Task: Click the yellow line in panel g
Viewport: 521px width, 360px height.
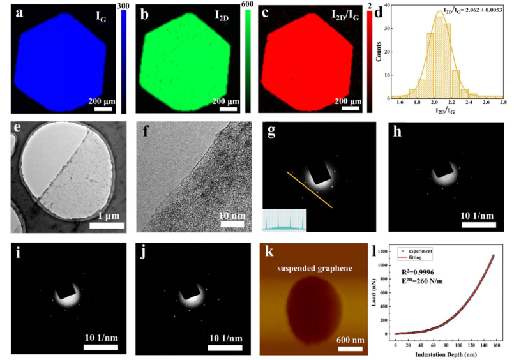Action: coord(309,190)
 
